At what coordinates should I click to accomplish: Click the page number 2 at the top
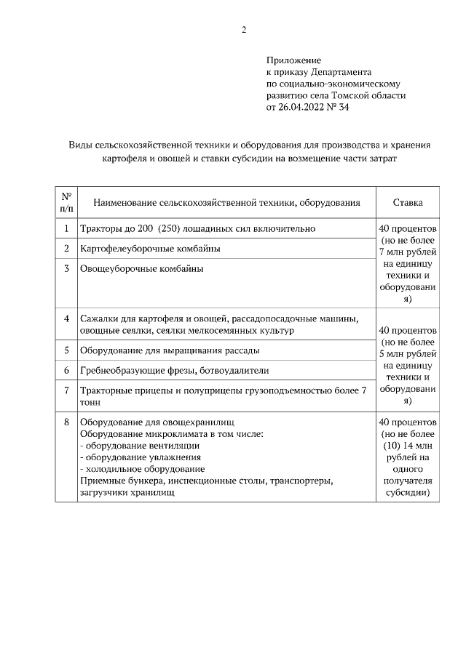pos(244,30)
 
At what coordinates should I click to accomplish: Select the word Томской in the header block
pos(354,95)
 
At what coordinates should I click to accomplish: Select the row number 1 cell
pos(66,228)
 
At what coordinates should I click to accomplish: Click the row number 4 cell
pos(66,318)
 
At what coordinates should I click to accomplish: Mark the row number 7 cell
pos(66,390)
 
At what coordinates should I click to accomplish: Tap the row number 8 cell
pos(66,422)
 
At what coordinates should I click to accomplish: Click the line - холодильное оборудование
pos(142,469)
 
